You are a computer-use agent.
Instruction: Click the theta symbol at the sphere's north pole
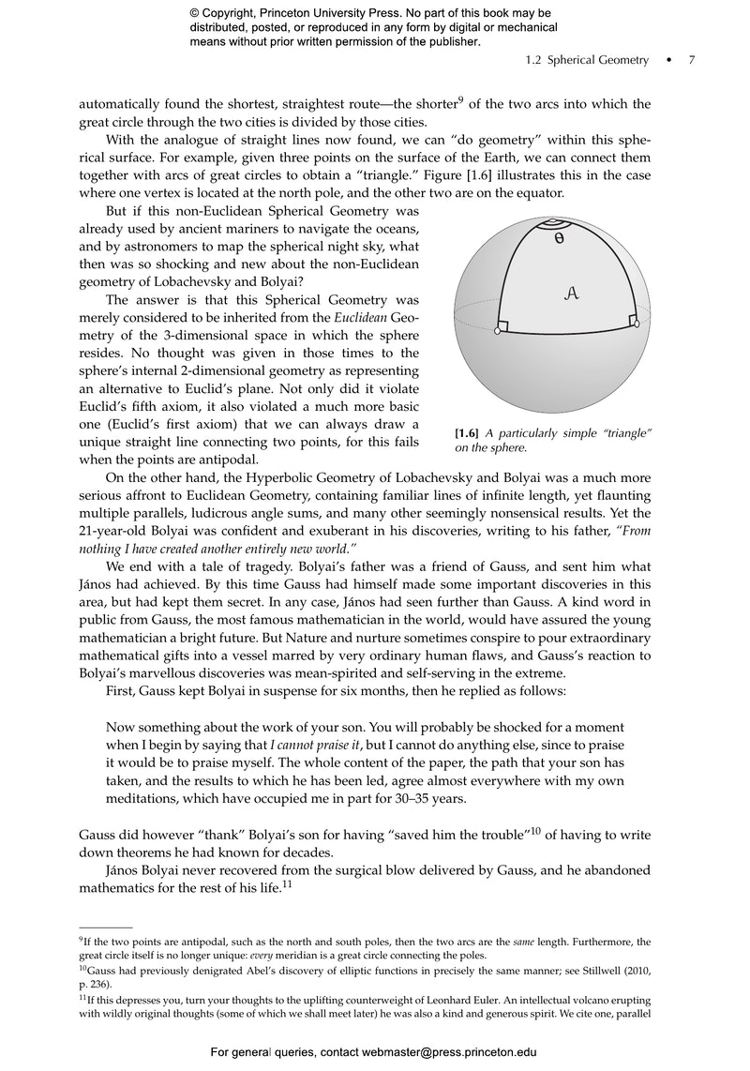click(x=559, y=239)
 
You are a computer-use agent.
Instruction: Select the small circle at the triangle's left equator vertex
click(x=496, y=330)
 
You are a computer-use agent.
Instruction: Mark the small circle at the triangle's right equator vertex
click(x=636, y=324)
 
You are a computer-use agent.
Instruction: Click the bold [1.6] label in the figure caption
click(x=467, y=431)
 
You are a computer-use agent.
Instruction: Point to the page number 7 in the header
click(x=692, y=60)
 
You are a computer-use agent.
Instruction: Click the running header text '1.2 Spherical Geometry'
click(x=587, y=60)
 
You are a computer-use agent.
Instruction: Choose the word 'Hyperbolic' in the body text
click(x=250, y=478)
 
